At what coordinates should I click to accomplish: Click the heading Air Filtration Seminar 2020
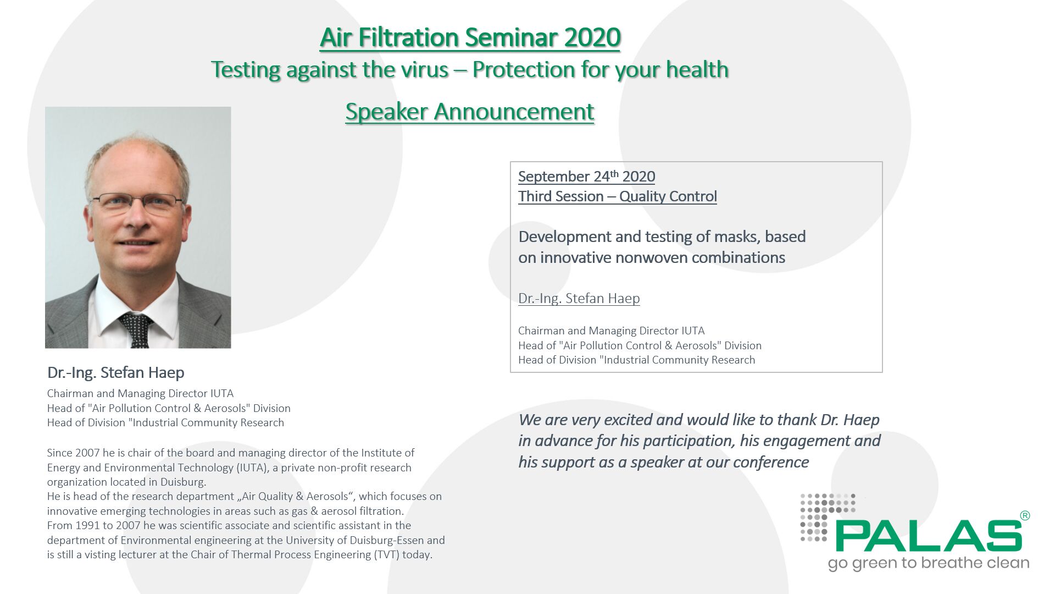point(470,37)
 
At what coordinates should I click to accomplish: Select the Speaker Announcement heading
point(470,112)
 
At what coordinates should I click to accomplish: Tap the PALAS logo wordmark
point(929,536)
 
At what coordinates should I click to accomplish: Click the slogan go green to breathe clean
point(928,563)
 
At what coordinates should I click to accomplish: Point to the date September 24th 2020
point(586,177)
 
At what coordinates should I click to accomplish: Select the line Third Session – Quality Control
point(617,196)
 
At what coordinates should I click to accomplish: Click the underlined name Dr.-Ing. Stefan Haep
point(579,298)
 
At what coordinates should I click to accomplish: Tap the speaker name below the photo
point(115,372)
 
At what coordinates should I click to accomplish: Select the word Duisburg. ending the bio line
point(183,482)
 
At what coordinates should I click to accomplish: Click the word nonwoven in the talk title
point(651,257)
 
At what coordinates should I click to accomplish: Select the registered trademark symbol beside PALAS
point(1024,515)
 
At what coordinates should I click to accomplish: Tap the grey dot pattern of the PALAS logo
point(824,514)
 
